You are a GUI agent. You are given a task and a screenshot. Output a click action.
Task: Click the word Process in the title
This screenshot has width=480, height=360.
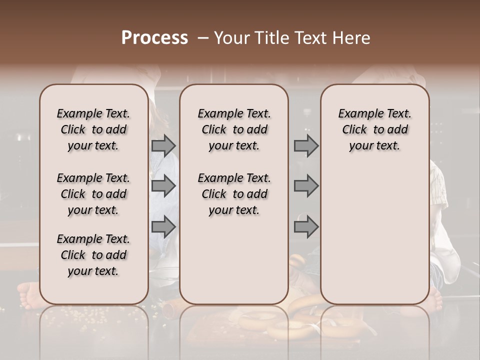(x=154, y=38)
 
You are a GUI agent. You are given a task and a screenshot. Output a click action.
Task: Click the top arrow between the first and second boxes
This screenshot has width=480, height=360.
(x=163, y=146)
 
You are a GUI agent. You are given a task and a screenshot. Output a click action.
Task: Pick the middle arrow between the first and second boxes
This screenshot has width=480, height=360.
(x=163, y=186)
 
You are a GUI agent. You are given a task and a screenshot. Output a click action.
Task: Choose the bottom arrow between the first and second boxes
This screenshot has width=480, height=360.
(x=163, y=227)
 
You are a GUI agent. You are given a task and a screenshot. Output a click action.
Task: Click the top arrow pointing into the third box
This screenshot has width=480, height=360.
(x=306, y=146)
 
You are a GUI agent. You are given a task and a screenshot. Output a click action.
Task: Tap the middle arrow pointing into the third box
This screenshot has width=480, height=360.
(x=306, y=186)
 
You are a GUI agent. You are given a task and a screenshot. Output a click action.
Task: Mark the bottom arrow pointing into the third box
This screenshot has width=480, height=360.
(x=306, y=227)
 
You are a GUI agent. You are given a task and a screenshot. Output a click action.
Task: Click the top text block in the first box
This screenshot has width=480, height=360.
(x=93, y=129)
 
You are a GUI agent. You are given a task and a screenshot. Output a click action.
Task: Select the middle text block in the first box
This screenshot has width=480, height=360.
(x=93, y=194)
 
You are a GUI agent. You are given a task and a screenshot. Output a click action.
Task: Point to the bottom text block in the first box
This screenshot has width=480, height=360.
(x=93, y=255)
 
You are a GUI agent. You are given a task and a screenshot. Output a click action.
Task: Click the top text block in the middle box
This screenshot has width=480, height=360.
(x=234, y=129)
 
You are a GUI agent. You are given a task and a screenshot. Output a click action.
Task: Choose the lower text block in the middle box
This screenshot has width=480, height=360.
(x=234, y=194)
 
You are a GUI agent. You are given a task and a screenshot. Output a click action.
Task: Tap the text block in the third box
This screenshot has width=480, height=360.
(x=374, y=129)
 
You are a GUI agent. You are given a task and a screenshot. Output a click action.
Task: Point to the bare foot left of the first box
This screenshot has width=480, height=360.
(x=27, y=293)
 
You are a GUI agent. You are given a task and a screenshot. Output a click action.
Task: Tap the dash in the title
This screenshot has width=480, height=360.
(x=203, y=38)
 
